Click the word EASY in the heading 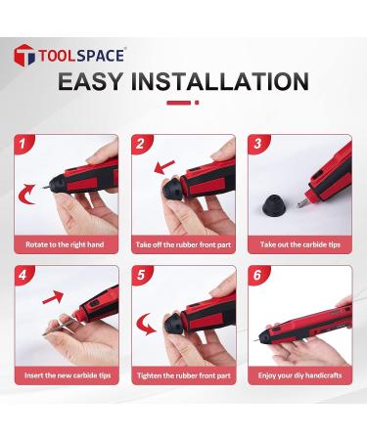(105, 81)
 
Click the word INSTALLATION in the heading (230, 81)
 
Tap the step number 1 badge (21, 144)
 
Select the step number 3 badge (259, 144)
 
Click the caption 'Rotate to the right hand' (67, 244)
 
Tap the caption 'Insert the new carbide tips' (67, 375)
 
